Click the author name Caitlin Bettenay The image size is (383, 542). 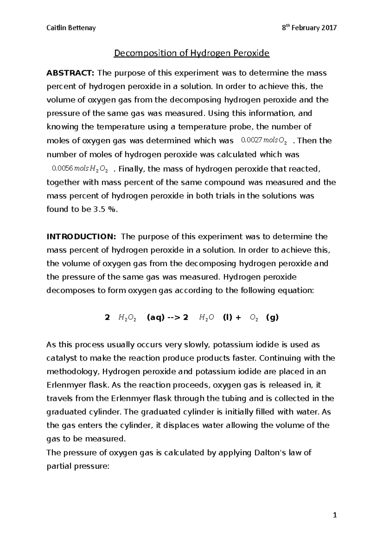[x=71, y=28]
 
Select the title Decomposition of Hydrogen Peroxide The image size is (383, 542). [x=192, y=53]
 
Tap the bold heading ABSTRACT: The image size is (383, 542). [x=71, y=73]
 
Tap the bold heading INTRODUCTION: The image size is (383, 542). [x=82, y=237]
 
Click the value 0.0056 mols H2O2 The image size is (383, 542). [x=79, y=169]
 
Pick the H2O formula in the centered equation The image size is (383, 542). [x=206, y=318]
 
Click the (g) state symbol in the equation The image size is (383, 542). [x=272, y=318]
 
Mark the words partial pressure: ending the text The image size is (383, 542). [x=78, y=466]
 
